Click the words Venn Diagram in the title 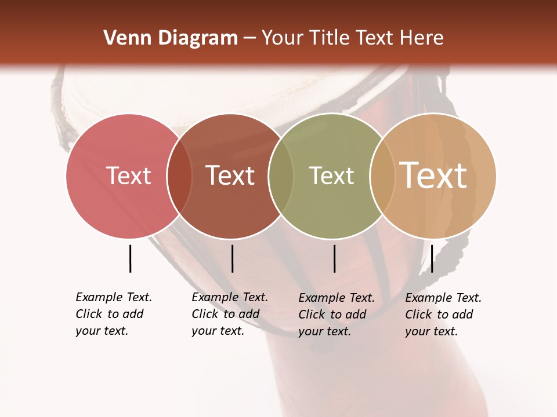(171, 38)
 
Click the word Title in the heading (329, 38)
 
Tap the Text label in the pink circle (128, 175)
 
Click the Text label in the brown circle (230, 175)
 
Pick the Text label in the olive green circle (331, 175)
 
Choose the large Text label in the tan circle (433, 175)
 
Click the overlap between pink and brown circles (179, 176)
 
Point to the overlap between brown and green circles (281, 176)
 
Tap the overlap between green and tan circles (382, 176)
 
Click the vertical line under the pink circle (130, 258)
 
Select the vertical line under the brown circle (232, 258)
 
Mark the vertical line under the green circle (334, 258)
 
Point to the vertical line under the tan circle (432, 258)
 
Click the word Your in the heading (283, 38)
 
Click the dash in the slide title (249, 39)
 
